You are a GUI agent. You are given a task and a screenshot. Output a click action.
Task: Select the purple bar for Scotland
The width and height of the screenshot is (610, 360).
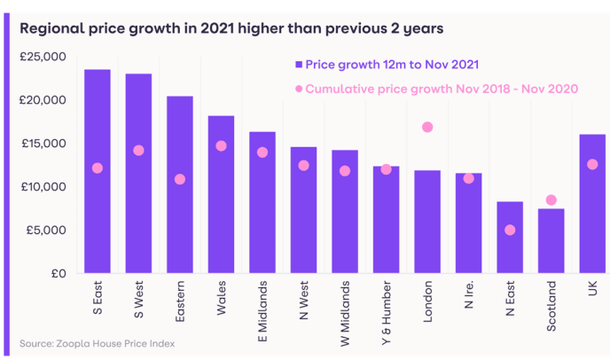click(x=551, y=240)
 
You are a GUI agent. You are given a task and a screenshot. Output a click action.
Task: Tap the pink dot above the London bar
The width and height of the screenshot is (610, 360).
click(x=427, y=127)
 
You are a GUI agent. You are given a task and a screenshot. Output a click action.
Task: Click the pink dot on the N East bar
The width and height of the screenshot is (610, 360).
click(x=510, y=230)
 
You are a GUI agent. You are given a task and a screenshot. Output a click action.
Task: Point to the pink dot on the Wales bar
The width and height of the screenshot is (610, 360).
click(x=221, y=145)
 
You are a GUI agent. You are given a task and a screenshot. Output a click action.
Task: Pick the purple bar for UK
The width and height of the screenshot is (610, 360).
click(x=592, y=203)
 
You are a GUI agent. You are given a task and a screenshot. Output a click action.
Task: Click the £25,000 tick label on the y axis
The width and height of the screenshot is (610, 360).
click(x=43, y=57)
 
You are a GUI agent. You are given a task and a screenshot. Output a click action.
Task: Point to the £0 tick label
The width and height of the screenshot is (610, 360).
click(x=56, y=273)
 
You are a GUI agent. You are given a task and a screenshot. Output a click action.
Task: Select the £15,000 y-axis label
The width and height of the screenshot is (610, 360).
click(x=43, y=144)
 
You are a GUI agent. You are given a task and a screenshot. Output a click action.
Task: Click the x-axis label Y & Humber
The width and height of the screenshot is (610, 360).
click(x=387, y=305)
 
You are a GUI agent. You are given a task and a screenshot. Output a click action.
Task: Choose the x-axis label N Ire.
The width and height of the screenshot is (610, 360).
click(x=469, y=296)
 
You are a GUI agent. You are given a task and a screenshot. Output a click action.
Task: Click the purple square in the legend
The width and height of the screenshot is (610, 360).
click(x=299, y=65)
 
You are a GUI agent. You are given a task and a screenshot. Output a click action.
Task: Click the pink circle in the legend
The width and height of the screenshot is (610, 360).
click(x=299, y=89)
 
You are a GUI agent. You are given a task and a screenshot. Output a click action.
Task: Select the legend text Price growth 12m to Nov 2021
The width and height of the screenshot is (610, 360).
click(x=392, y=65)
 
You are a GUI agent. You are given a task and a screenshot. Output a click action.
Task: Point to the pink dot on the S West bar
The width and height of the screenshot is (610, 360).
click(x=138, y=150)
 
